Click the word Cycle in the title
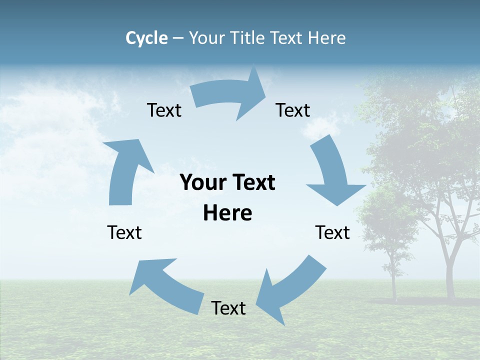pyautogui.click(x=146, y=38)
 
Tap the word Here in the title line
pyautogui.click(x=327, y=38)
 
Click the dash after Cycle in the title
pyautogui.click(x=177, y=38)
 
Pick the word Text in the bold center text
pyautogui.click(x=253, y=183)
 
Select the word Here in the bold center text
pyautogui.click(x=227, y=213)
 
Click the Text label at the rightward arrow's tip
pyautogui.click(x=293, y=110)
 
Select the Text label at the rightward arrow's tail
pyautogui.click(x=164, y=110)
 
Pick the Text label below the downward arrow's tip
pyautogui.click(x=332, y=232)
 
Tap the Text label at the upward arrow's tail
pyautogui.click(x=124, y=232)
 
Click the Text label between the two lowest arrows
pyautogui.click(x=228, y=308)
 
